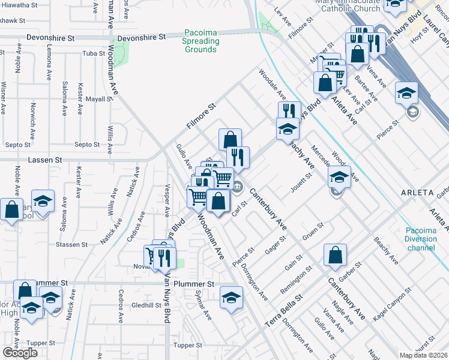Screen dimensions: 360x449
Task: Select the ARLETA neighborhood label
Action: click(414, 193)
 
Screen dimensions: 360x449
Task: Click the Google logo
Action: click(20, 353)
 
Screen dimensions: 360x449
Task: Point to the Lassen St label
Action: click(46, 161)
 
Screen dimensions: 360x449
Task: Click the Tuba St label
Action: click(93, 53)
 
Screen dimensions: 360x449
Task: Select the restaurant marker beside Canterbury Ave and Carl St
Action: click(238, 158)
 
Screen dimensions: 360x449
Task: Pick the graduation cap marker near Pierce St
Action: click(406, 93)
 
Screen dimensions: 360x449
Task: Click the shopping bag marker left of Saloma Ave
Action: click(11, 209)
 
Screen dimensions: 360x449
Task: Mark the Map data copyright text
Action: click(424, 355)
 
